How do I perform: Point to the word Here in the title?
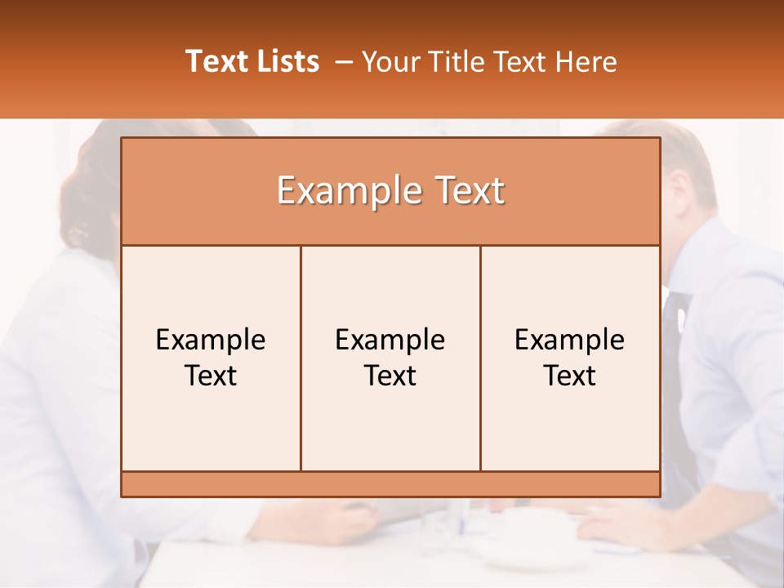click(586, 62)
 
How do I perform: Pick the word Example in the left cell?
click(211, 340)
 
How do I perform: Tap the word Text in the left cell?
click(211, 376)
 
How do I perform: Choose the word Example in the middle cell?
click(390, 340)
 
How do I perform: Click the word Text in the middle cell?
click(390, 376)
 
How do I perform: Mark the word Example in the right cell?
click(570, 340)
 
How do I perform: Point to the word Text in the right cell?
click(570, 376)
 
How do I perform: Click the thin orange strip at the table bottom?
click(390, 484)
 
